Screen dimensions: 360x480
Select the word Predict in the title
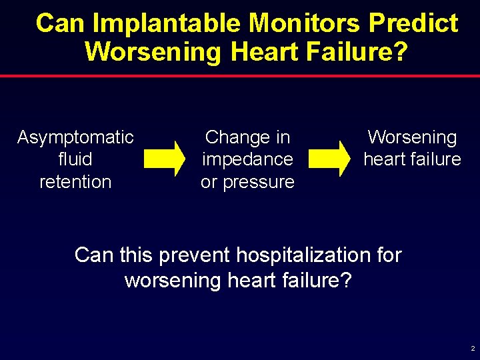413,23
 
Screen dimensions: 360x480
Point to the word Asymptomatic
75,137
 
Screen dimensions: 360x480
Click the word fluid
75,159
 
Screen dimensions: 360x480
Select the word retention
75,181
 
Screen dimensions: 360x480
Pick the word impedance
247,159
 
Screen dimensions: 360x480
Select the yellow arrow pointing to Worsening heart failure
330,159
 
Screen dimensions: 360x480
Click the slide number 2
473,349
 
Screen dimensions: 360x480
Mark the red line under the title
240,76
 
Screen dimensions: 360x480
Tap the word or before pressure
210,181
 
